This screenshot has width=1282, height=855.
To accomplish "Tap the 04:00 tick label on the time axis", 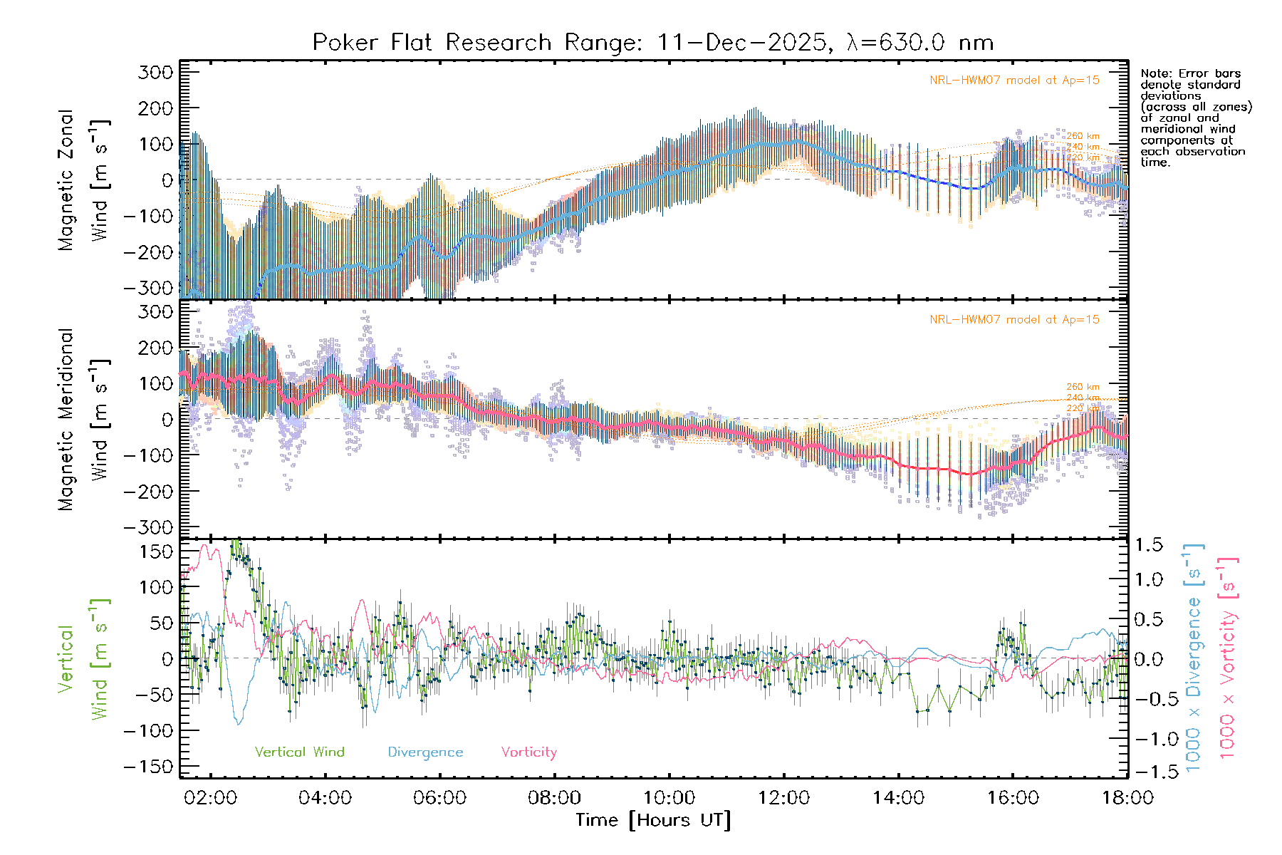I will click(325, 798).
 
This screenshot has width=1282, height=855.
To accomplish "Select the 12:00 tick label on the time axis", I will click(783, 798).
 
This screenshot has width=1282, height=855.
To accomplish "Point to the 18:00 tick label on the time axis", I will click(1127, 798).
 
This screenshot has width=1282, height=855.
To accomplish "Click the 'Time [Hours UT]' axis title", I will click(653, 820).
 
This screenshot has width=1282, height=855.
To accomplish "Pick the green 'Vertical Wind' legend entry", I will click(299, 752).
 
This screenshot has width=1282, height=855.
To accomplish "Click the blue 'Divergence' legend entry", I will click(425, 752).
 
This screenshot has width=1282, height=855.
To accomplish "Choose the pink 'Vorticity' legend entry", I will click(528, 752).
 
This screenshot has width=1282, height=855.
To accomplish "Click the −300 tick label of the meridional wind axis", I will click(149, 527).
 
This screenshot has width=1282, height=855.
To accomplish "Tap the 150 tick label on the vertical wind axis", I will click(156, 551).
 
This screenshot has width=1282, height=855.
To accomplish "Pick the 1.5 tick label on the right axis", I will click(1148, 545).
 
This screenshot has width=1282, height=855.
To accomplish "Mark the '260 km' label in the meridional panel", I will click(1083, 387).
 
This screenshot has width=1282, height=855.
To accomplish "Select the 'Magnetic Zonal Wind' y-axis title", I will click(83, 180).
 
